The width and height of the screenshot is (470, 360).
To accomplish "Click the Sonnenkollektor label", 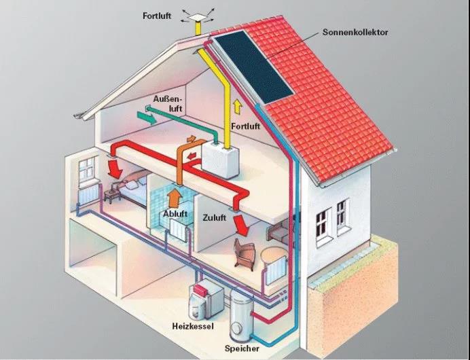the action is [x=355, y=33].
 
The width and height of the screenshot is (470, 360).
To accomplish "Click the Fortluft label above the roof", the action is [x=157, y=16].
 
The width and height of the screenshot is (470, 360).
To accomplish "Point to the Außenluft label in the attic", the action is [x=168, y=104].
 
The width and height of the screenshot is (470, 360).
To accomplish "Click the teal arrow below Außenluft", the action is [x=147, y=118].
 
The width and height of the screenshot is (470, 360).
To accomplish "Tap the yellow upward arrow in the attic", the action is [x=238, y=107].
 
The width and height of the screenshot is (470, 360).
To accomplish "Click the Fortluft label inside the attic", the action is [x=245, y=126].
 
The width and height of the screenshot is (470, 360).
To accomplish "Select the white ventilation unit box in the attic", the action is [x=220, y=160].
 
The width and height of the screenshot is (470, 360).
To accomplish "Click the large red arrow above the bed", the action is [x=115, y=169].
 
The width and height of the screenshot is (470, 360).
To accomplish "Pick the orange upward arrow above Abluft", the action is [x=175, y=198].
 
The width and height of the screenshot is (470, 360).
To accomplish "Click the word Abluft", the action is [x=175, y=214].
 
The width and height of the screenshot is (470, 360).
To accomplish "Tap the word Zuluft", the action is [x=215, y=217].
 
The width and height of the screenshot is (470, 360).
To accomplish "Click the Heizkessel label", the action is [x=193, y=326].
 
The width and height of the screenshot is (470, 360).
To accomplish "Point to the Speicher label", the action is [x=242, y=348].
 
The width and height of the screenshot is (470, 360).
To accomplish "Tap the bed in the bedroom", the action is [x=133, y=189].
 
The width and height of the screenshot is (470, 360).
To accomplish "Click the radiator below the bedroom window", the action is [x=88, y=194].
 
